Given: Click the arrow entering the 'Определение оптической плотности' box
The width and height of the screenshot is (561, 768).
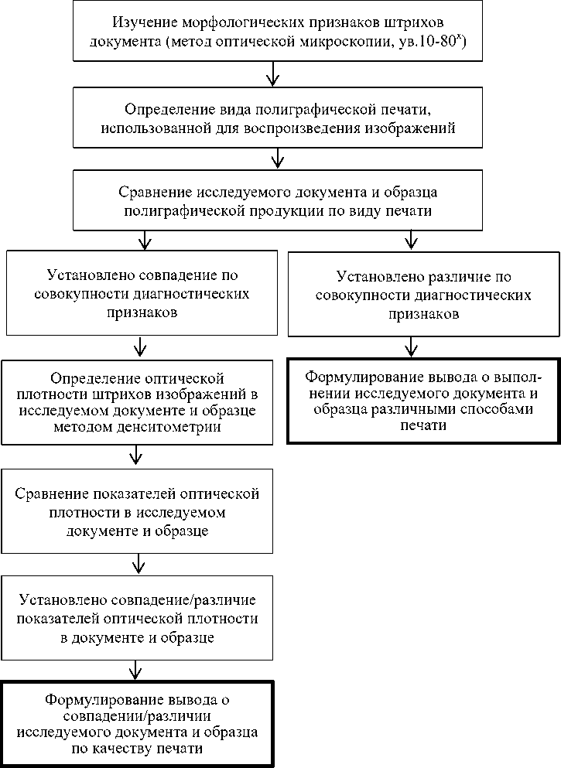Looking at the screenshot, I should [x=140, y=348].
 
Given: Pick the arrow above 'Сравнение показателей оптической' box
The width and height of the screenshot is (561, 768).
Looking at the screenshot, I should [x=137, y=456].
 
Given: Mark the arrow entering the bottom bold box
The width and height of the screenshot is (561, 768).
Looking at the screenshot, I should [x=137, y=668].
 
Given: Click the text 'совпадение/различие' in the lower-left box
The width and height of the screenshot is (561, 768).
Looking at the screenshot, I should [x=193, y=601].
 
